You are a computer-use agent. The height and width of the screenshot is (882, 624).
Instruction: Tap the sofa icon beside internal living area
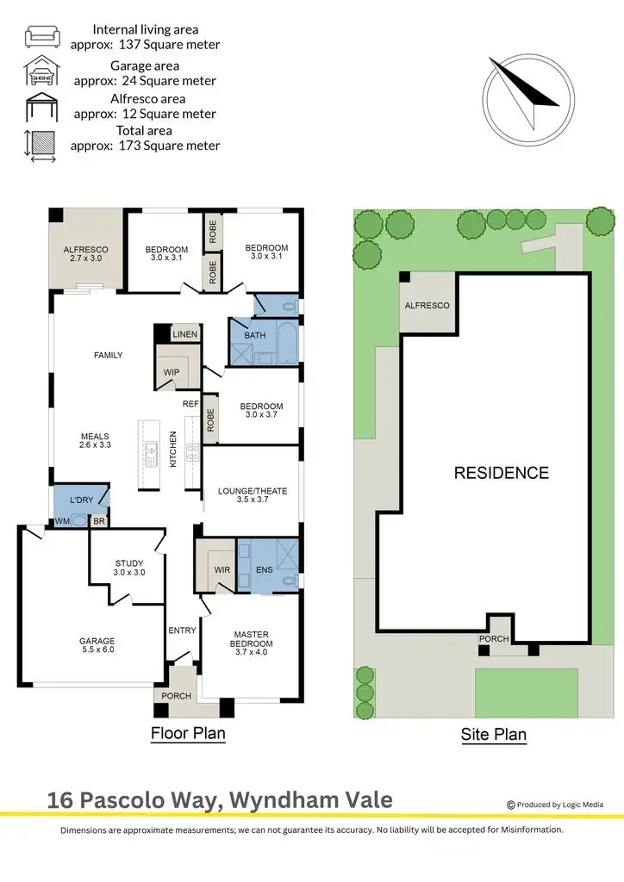tap(41, 36)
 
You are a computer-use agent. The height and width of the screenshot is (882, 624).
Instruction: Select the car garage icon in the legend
tap(41, 71)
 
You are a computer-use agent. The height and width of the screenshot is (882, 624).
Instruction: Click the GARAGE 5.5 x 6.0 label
tap(96, 646)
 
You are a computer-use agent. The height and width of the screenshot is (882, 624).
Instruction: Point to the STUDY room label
tap(129, 568)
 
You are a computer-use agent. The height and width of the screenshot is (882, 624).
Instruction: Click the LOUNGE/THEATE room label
tap(252, 496)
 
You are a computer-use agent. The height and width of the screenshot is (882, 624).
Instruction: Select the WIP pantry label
tap(172, 372)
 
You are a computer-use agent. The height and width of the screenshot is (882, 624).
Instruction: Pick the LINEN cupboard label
tap(185, 334)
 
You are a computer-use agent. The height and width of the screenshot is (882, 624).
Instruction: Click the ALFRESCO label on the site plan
tap(427, 306)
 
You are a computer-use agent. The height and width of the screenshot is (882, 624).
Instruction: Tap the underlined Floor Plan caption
tap(188, 734)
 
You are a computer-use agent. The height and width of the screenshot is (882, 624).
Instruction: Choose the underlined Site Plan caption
tap(492, 735)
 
